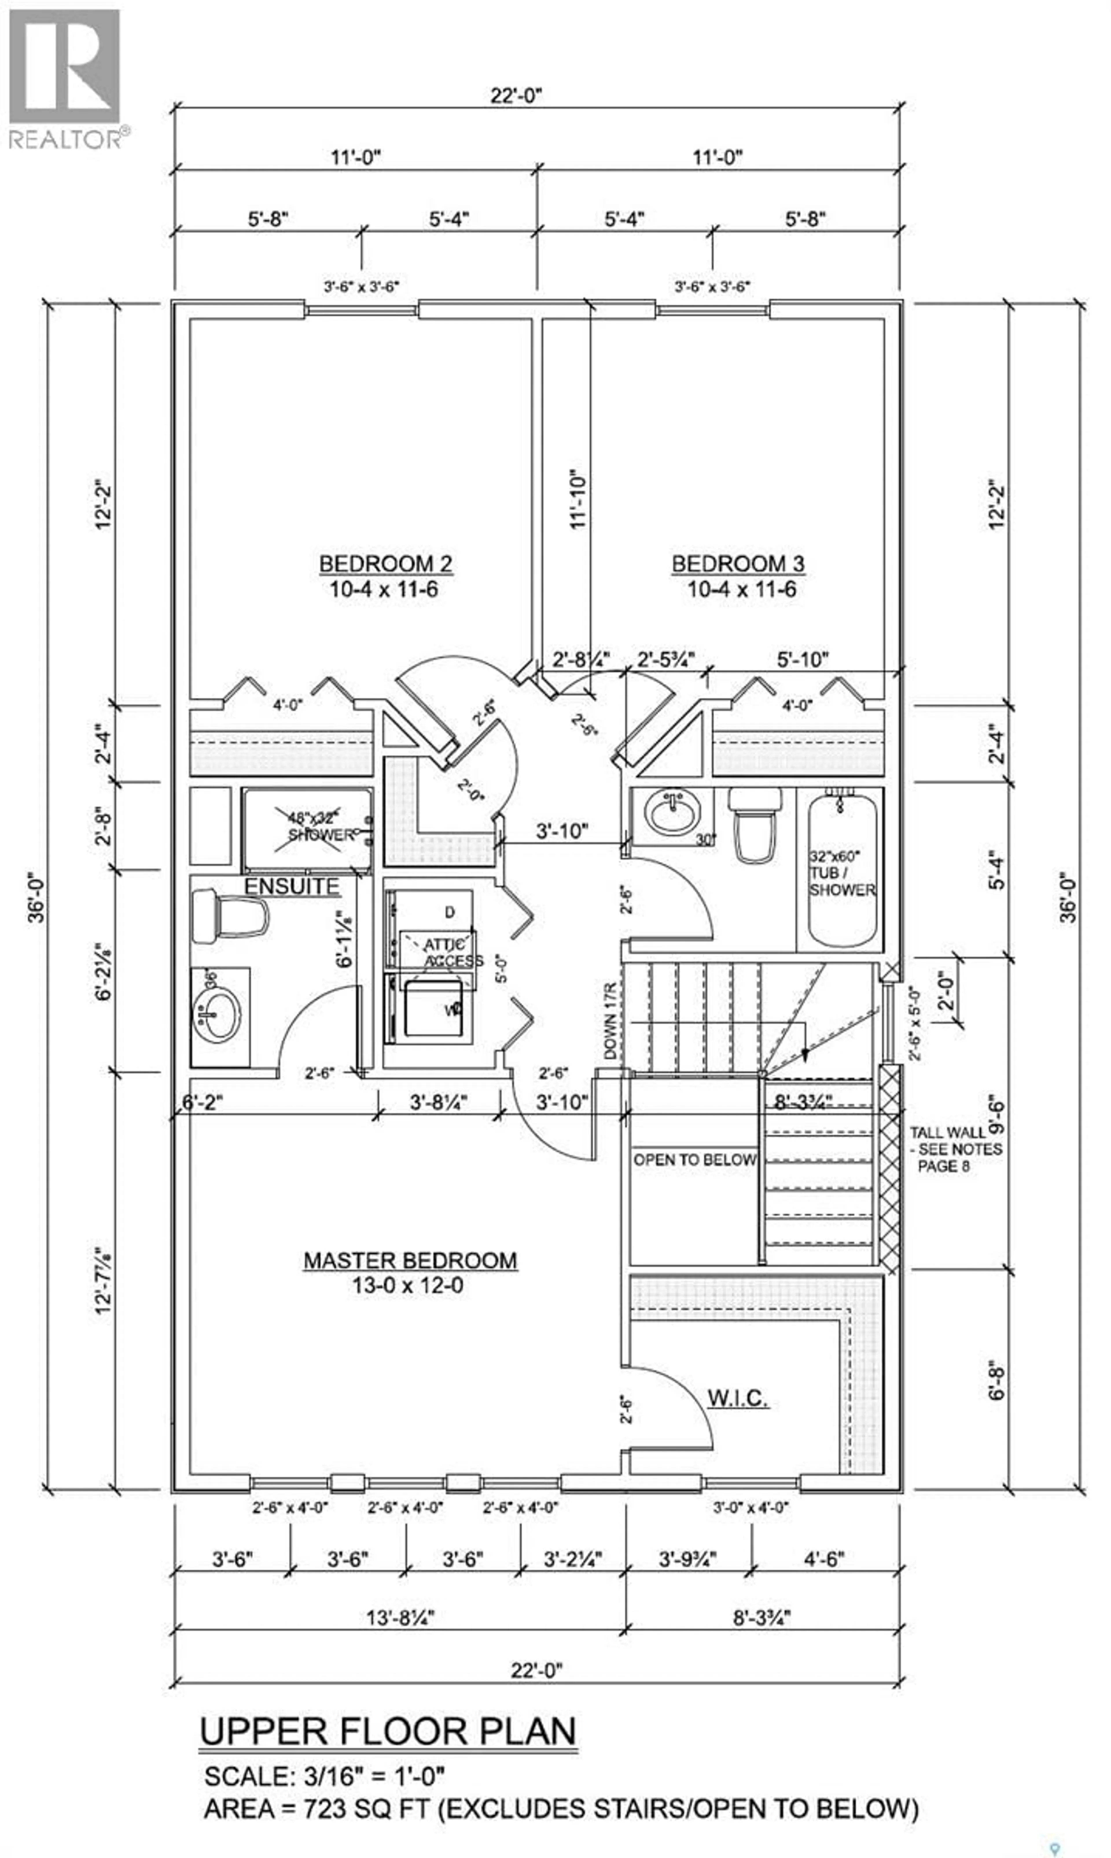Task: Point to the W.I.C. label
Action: click(737, 1398)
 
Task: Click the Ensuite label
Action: click(292, 887)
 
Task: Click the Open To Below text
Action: click(694, 1160)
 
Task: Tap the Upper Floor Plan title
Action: click(388, 1731)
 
